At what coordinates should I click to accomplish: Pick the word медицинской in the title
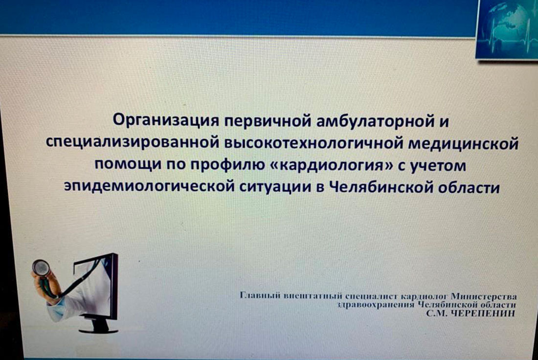coord(463,143)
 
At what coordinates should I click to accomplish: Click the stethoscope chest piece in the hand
coord(41,268)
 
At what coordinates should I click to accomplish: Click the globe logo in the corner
coord(508,27)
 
